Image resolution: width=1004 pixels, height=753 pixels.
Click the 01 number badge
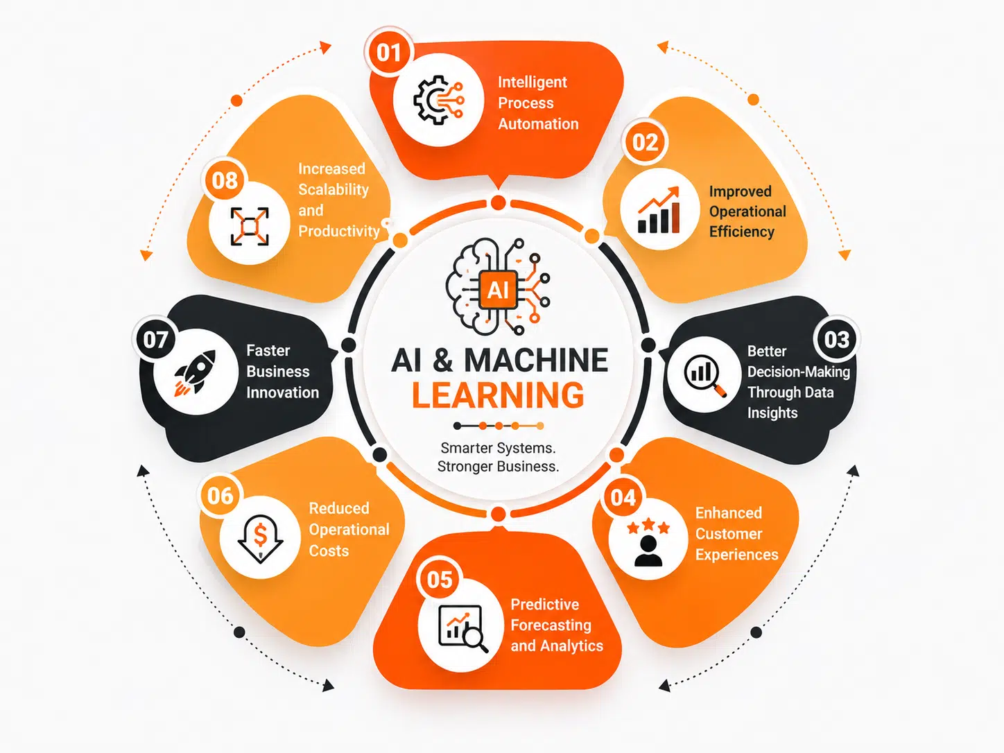point(389,53)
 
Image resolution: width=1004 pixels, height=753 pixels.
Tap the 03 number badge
point(837,340)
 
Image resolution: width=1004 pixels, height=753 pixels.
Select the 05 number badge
point(440,580)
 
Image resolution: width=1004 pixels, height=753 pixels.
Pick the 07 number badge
point(155,340)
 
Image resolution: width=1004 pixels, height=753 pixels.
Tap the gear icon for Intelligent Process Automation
point(439,100)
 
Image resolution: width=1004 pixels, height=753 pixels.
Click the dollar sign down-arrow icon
point(260,539)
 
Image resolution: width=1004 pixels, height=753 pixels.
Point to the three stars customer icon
point(648,542)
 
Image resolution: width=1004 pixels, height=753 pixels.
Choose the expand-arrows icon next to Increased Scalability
point(250,226)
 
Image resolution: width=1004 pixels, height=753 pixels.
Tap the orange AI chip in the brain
point(498,290)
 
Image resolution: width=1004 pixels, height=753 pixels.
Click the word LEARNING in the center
point(498,395)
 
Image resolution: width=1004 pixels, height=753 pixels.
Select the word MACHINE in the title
point(536,361)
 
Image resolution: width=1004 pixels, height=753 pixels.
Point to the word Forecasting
point(551,625)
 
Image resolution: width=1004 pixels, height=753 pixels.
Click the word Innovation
point(282,392)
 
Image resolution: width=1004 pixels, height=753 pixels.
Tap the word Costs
point(329,551)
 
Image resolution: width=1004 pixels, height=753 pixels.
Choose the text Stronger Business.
point(498,467)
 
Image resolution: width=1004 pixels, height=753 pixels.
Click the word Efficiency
point(741,232)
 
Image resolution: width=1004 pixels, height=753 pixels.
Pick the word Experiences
point(736,555)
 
